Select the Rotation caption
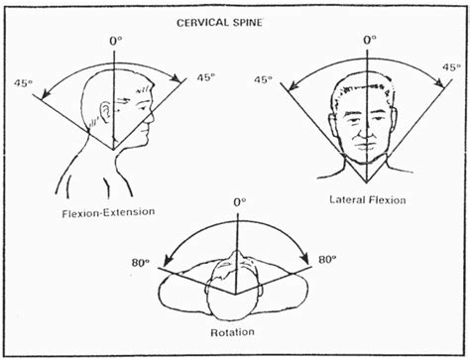click(235, 332)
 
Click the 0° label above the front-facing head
click(371, 40)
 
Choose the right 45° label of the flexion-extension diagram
click(205, 77)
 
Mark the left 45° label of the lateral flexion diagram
click(264, 80)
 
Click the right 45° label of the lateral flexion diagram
click(448, 68)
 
